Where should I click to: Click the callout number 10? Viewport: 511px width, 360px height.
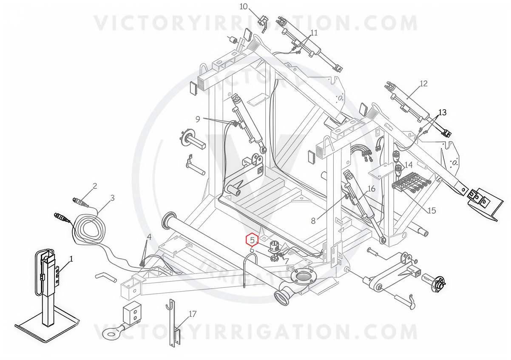(x=244, y=7)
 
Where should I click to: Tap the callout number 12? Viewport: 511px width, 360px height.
(x=423, y=84)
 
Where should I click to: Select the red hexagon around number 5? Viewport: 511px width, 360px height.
(x=252, y=240)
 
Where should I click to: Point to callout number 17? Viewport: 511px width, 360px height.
(x=192, y=314)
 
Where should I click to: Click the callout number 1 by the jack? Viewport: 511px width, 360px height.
(x=71, y=259)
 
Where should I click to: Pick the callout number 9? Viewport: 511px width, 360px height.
(x=198, y=119)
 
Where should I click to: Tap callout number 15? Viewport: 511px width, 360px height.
(x=432, y=210)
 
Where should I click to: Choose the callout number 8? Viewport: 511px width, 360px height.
(x=313, y=221)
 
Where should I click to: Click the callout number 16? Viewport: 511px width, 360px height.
(x=372, y=189)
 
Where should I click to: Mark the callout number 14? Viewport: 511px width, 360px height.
(x=409, y=165)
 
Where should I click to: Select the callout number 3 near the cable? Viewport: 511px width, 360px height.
(x=113, y=198)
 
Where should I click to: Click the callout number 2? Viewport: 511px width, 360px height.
(x=95, y=186)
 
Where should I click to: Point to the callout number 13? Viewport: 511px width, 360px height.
(x=442, y=112)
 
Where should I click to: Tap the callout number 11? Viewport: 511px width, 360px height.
(x=314, y=33)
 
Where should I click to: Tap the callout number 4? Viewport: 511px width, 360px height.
(x=149, y=237)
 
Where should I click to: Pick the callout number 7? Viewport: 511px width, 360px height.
(x=287, y=261)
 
